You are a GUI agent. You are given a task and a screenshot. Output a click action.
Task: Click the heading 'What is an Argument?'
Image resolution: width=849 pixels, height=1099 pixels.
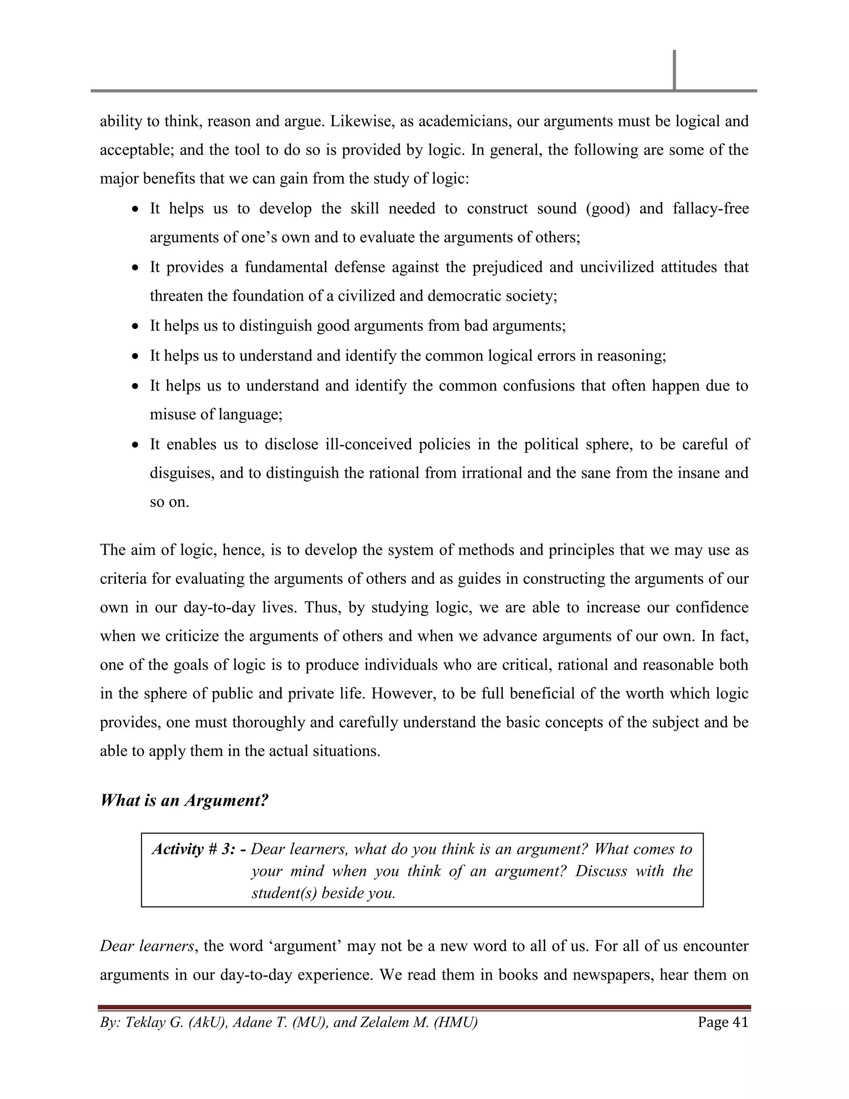pyautogui.click(x=184, y=800)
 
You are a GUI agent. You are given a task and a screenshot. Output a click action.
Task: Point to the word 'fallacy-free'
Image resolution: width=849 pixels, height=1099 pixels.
pyautogui.click(x=711, y=208)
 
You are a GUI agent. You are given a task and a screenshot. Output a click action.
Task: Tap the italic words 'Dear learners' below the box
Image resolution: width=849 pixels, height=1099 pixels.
pyautogui.click(x=146, y=946)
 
